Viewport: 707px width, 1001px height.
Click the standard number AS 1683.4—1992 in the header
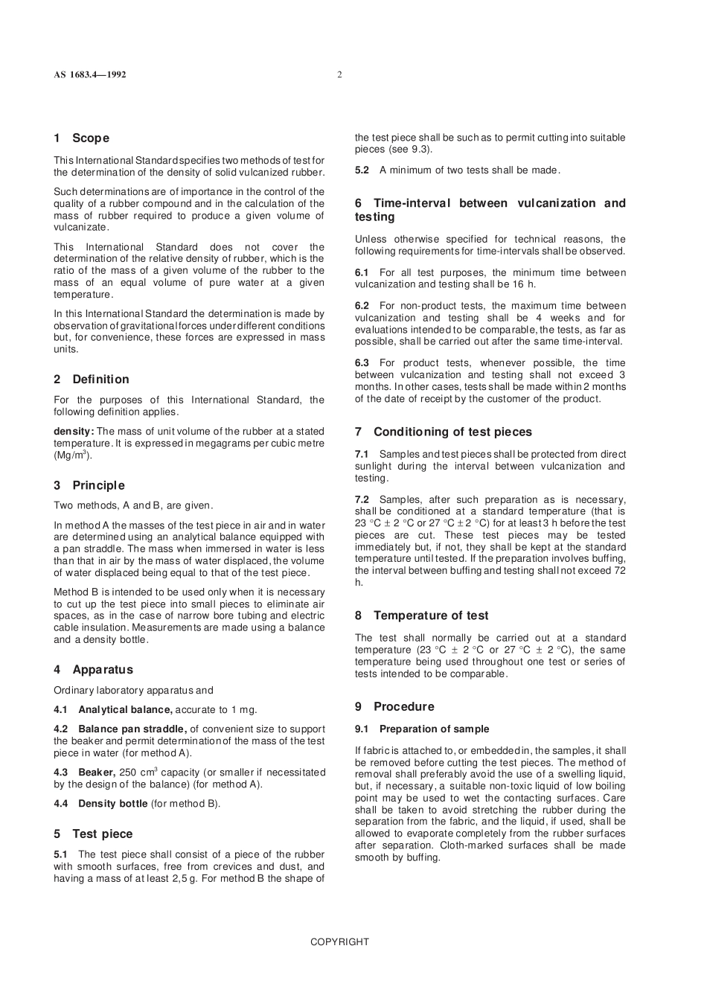(89, 74)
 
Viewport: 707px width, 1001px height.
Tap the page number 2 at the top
(339, 74)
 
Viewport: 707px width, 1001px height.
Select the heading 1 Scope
(81, 138)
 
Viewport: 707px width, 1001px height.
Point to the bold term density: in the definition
(73, 431)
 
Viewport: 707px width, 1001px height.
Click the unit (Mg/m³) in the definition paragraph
(72, 455)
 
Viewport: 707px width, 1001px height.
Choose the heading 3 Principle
(89, 485)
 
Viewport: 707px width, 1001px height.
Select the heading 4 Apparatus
(93, 669)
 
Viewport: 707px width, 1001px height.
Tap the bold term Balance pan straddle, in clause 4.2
(132, 729)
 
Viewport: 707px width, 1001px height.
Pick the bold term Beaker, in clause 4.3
(97, 773)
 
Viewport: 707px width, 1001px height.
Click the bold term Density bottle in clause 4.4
(112, 803)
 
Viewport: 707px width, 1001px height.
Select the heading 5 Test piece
(93, 834)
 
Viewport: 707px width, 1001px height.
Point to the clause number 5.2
(362, 170)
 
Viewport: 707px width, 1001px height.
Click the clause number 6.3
(362, 363)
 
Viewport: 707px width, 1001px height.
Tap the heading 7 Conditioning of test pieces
(443, 432)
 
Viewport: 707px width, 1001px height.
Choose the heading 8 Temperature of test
(421, 615)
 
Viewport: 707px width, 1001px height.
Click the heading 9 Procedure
(394, 706)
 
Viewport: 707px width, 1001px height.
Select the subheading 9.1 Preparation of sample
(422, 729)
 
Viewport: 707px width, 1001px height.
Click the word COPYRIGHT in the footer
(339, 941)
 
